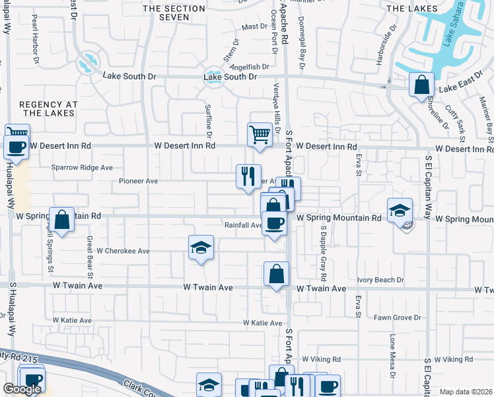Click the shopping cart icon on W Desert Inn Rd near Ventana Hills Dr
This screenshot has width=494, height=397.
coord(260,134)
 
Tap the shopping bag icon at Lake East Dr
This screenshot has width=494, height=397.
coord(421,85)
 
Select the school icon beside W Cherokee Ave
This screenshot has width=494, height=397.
coord(201,248)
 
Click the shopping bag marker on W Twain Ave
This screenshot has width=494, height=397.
coord(276,273)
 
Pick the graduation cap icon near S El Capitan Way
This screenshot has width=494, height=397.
coord(400,210)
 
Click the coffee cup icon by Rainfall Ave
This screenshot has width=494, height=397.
coord(274,223)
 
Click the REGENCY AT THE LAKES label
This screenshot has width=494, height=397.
coord(48,109)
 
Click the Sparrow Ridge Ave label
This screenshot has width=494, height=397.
coord(83,167)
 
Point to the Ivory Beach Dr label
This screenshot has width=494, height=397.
coord(380,280)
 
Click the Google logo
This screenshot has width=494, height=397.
coord(22,389)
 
